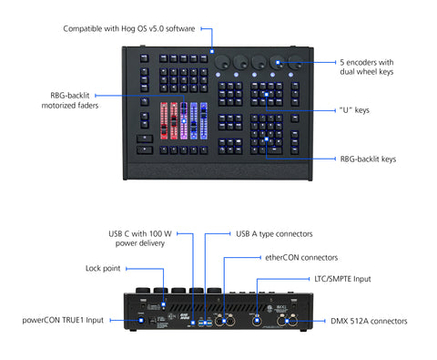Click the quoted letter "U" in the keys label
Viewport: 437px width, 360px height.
(x=344, y=110)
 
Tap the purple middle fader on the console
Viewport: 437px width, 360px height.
(x=182, y=120)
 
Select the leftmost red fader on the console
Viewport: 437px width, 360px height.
(x=163, y=120)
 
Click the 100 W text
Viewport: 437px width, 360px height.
(x=158, y=234)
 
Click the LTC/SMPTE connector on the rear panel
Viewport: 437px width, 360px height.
(x=260, y=321)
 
